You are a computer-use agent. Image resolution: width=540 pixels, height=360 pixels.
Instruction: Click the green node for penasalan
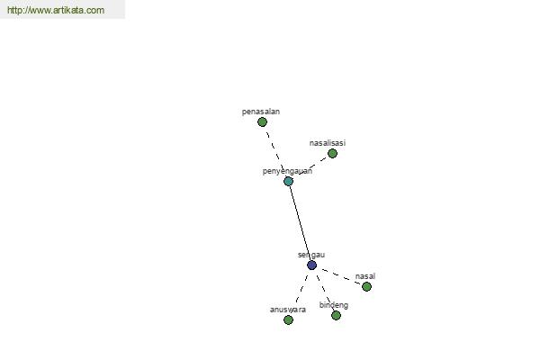coord(263,122)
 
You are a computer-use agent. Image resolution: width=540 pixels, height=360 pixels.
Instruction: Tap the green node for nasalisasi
coord(332,154)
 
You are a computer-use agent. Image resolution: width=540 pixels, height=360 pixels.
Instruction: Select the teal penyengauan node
coord(289,181)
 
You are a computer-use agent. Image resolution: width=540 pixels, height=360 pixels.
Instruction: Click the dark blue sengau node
coord(311,265)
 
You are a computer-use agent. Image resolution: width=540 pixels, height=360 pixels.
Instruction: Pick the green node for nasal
coord(367,286)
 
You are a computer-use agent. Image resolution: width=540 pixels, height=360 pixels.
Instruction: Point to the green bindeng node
coord(336,316)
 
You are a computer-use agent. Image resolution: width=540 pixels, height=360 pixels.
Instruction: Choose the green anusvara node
coord(289,320)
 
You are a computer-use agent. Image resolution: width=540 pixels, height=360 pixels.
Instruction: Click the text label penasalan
coord(261,112)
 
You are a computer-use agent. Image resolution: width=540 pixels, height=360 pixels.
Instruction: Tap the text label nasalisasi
coord(328,143)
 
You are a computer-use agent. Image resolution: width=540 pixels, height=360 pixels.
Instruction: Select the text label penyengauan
coord(287,171)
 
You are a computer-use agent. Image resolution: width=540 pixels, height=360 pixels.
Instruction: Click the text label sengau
coord(311,255)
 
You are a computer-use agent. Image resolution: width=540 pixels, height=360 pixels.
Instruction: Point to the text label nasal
coord(365,276)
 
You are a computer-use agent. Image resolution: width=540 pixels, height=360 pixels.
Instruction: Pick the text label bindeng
coord(333,305)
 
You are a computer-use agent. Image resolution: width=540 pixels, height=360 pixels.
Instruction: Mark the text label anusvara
coord(288,310)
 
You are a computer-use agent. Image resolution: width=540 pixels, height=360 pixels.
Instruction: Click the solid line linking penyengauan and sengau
coord(300,223)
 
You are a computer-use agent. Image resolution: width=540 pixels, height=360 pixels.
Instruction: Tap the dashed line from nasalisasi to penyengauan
coord(311,166)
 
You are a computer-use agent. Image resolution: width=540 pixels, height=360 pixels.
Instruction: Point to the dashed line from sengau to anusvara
coord(301,289)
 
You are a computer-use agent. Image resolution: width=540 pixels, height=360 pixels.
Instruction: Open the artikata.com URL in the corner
coord(56,10)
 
